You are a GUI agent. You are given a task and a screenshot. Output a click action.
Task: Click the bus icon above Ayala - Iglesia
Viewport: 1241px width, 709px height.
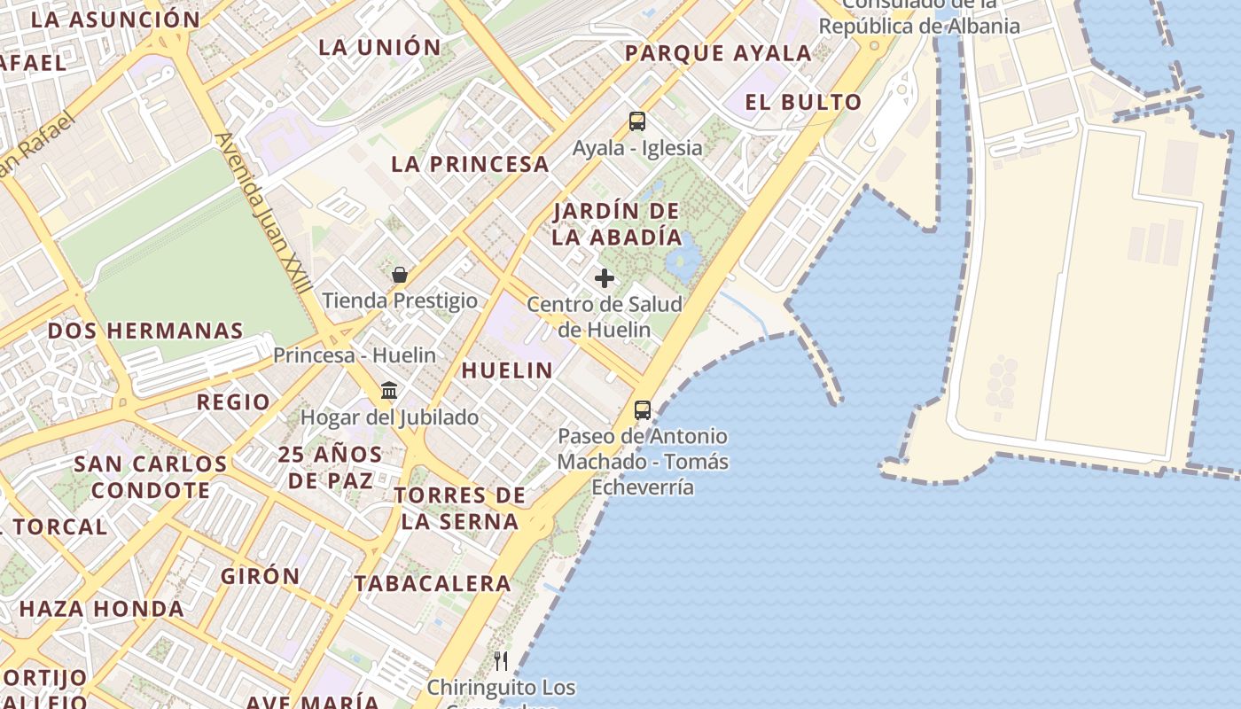click(636, 121)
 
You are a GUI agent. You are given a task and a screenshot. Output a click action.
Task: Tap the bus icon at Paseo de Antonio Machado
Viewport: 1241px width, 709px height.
click(643, 410)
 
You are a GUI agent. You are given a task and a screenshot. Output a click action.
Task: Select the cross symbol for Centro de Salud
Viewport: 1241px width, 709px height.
click(605, 278)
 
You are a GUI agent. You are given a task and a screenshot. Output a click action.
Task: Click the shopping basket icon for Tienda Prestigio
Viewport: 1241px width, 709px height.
click(400, 275)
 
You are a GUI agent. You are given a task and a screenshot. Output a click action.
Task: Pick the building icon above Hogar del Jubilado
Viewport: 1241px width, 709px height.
click(388, 391)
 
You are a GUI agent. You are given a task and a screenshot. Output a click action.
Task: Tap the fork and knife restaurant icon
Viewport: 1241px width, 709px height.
click(501, 660)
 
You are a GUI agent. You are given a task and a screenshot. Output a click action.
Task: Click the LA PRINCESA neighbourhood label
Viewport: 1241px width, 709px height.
click(470, 164)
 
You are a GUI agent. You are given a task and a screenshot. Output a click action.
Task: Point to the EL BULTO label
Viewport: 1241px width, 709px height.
click(803, 102)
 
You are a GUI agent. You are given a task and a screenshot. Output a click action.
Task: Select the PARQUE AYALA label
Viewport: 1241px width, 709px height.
click(718, 53)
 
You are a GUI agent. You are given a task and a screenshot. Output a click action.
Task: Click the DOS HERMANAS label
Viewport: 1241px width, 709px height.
click(145, 331)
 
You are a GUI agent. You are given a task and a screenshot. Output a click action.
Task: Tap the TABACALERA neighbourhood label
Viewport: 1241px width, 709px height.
click(433, 583)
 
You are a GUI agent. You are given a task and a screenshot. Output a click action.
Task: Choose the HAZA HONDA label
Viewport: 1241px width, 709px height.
click(102, 609)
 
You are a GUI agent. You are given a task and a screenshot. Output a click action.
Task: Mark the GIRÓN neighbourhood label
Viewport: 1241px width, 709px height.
click(261, 576)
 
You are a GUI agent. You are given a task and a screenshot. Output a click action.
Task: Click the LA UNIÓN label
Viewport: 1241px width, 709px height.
click(379, 47)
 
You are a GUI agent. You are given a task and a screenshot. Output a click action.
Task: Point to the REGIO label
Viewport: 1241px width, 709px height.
click(233, 402)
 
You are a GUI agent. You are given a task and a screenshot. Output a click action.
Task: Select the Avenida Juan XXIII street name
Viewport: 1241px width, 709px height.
click(264, 213)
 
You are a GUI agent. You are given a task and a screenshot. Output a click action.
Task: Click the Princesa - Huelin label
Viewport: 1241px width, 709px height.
click(355, 355)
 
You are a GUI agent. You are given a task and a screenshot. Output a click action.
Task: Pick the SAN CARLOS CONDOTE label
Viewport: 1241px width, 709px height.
click(151, 477)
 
